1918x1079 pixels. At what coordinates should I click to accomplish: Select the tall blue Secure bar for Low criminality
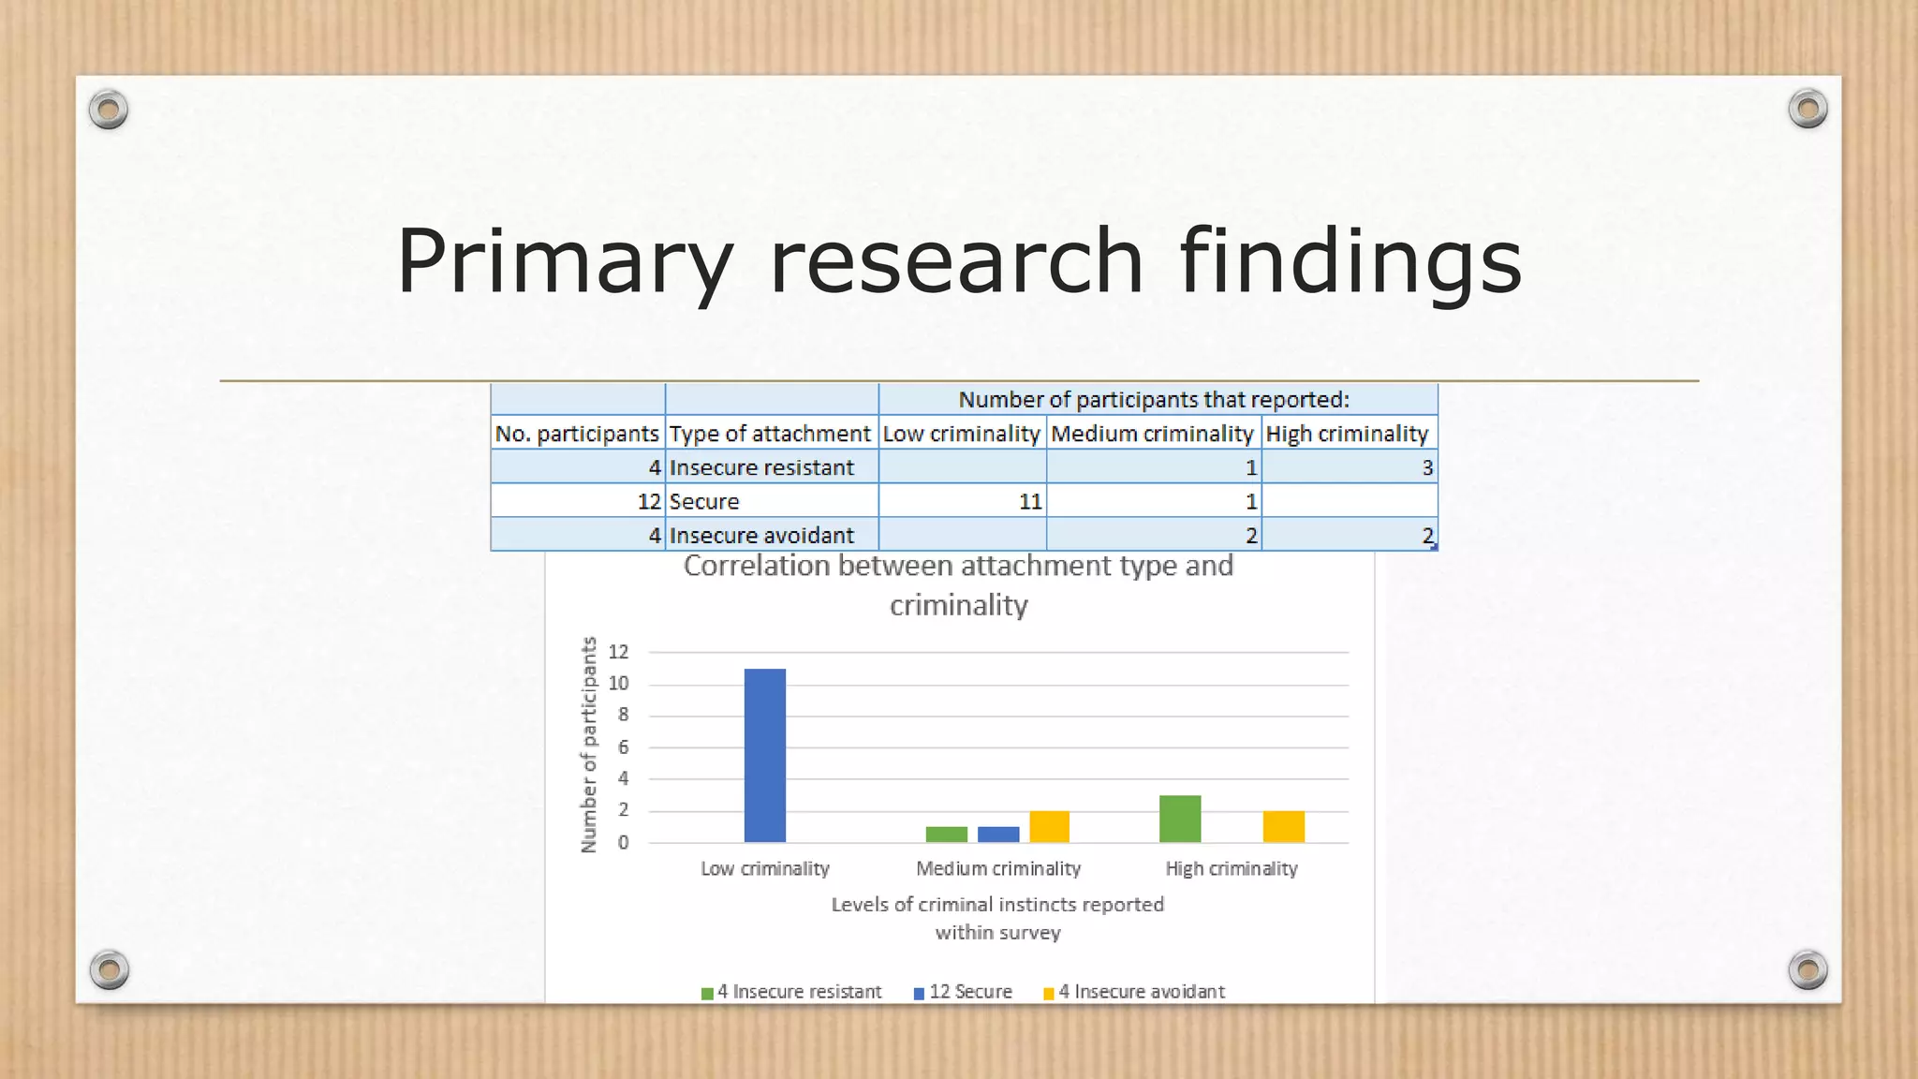764,755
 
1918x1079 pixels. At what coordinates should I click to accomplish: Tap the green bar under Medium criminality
946,834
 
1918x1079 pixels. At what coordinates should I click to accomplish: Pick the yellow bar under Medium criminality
1049,826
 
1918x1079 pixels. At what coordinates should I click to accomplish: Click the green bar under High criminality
1180,819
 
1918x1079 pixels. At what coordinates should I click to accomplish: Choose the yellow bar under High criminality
1283,826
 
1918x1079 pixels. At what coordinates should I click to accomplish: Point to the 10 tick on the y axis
618,684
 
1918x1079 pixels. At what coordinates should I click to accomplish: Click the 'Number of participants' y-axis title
588,746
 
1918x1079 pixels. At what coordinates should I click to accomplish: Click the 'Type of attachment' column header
770,434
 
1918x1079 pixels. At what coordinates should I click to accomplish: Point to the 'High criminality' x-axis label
1231,869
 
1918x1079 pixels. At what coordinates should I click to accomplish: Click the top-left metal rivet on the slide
109,110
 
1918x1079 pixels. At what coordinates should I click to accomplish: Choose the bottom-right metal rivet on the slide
1807,969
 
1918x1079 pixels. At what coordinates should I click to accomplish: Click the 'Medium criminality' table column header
1152,434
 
